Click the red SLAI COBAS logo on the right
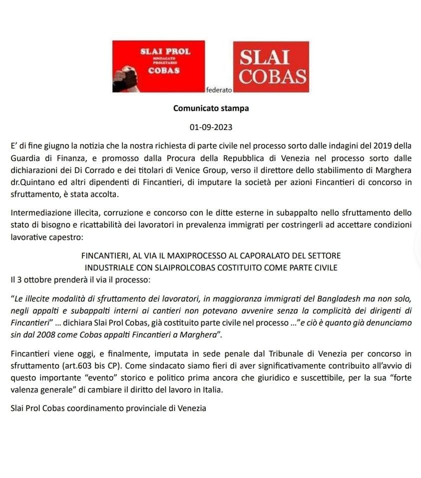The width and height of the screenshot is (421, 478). click(271, 67)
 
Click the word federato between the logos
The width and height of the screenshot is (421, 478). click(219, 90)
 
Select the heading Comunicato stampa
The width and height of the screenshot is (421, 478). click(211, 107)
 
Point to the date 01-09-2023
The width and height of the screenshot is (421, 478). click(211, 127)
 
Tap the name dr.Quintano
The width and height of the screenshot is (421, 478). click(31, 182)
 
